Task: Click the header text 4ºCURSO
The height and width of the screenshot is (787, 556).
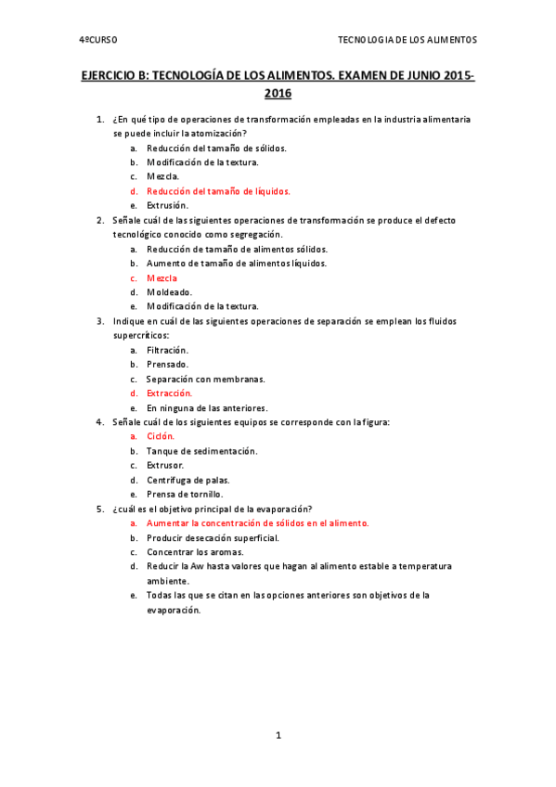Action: pyautogui.click(x=97, y=40)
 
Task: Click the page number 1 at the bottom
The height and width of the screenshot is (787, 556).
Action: pyautogui.click(x=278, y=735)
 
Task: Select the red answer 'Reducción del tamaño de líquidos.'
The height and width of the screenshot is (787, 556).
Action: pyautogui.click(x=218, y=191)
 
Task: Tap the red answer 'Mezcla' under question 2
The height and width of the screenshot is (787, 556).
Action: pyautogui.click(x=162, y=277)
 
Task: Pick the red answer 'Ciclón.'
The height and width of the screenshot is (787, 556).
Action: pyautogui.click(x=161, y=436)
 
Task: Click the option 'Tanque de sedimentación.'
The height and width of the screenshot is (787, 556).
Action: pyautogui.click(x=201, y=451)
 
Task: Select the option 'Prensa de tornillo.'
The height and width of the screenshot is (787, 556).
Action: pyautogui.click(x=185, y=494)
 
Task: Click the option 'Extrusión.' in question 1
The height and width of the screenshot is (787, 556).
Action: pyautogui.click(x=167, y=205)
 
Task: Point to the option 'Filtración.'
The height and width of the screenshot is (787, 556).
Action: pyautogui.click(x=167, y=350)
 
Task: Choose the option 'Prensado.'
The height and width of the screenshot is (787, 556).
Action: pyautogui.click(x=167, y=365)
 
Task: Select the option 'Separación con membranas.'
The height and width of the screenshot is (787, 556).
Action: pyautogui.click(x=205, y=379)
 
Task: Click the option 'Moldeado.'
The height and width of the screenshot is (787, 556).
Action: pyautogui.click(x=169, y=292)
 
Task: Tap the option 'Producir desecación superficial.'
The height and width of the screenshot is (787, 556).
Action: pyautogui.click(x=213, y=537)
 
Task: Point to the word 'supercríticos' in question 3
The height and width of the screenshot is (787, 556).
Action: pyautogui.click(x=141, y=335)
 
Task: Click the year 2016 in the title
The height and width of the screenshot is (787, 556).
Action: pyautogui.click(x=278, y=93)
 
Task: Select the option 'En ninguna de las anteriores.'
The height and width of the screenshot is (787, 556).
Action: pyautogui.click(x=207, y=407)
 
